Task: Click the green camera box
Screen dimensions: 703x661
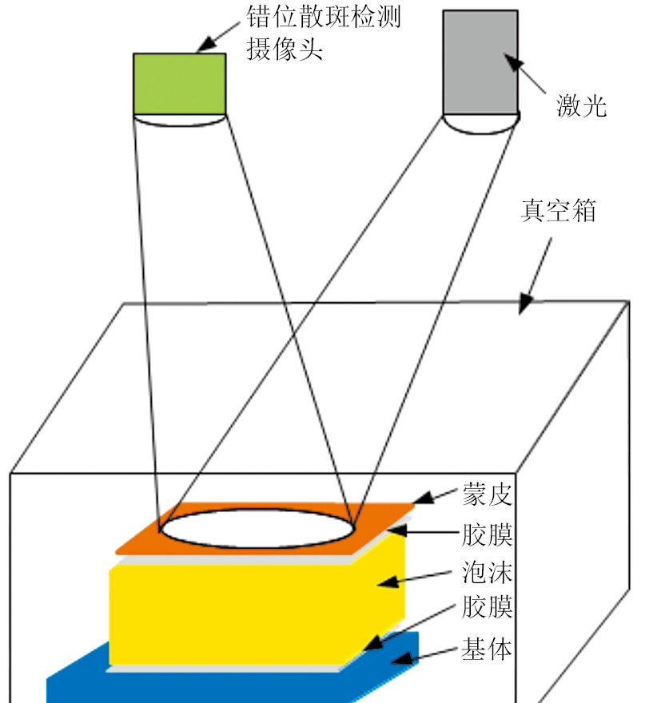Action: (179, 83)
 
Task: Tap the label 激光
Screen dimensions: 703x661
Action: (581, 105)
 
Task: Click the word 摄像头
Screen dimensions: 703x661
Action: (285, 50)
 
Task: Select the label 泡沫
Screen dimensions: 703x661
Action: (487, 572)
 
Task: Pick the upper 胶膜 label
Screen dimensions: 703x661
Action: (487, 533)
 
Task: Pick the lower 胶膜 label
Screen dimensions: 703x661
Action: (487, 610)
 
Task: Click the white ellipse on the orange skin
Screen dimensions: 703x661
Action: (256, 529)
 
